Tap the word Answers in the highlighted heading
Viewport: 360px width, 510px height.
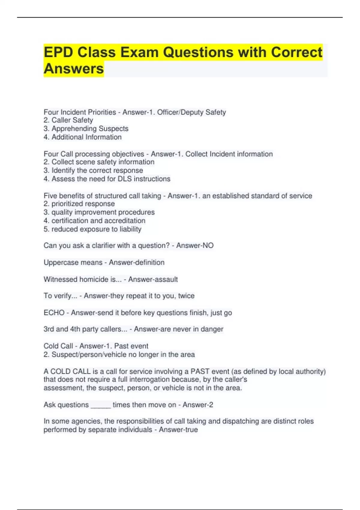73,69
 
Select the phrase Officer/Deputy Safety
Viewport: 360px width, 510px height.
191,112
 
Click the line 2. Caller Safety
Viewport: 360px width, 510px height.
68,120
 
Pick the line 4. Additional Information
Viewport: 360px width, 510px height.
82,137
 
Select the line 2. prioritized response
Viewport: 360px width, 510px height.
79,204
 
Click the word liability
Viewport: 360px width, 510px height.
130,229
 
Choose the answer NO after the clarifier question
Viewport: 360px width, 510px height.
208,246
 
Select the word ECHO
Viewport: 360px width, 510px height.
54,313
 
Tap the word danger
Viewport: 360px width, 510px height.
212,329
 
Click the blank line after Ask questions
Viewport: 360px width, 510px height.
101,406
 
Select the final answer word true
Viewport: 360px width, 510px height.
191,430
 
